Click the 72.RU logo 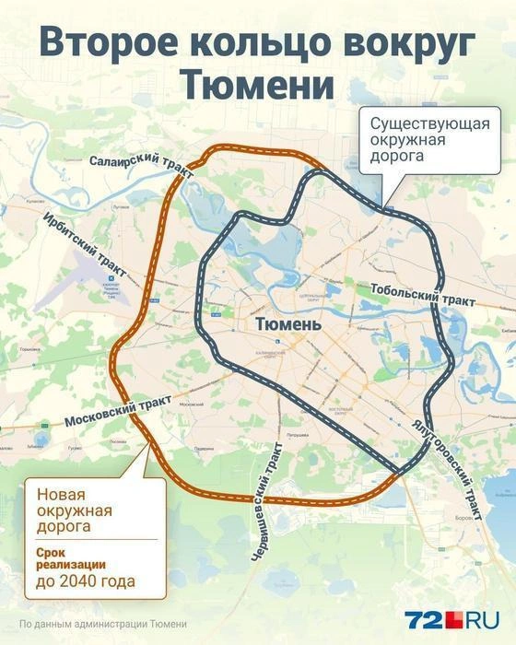click(x=453, y=619)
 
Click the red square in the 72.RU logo click(x=449, y=620)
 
